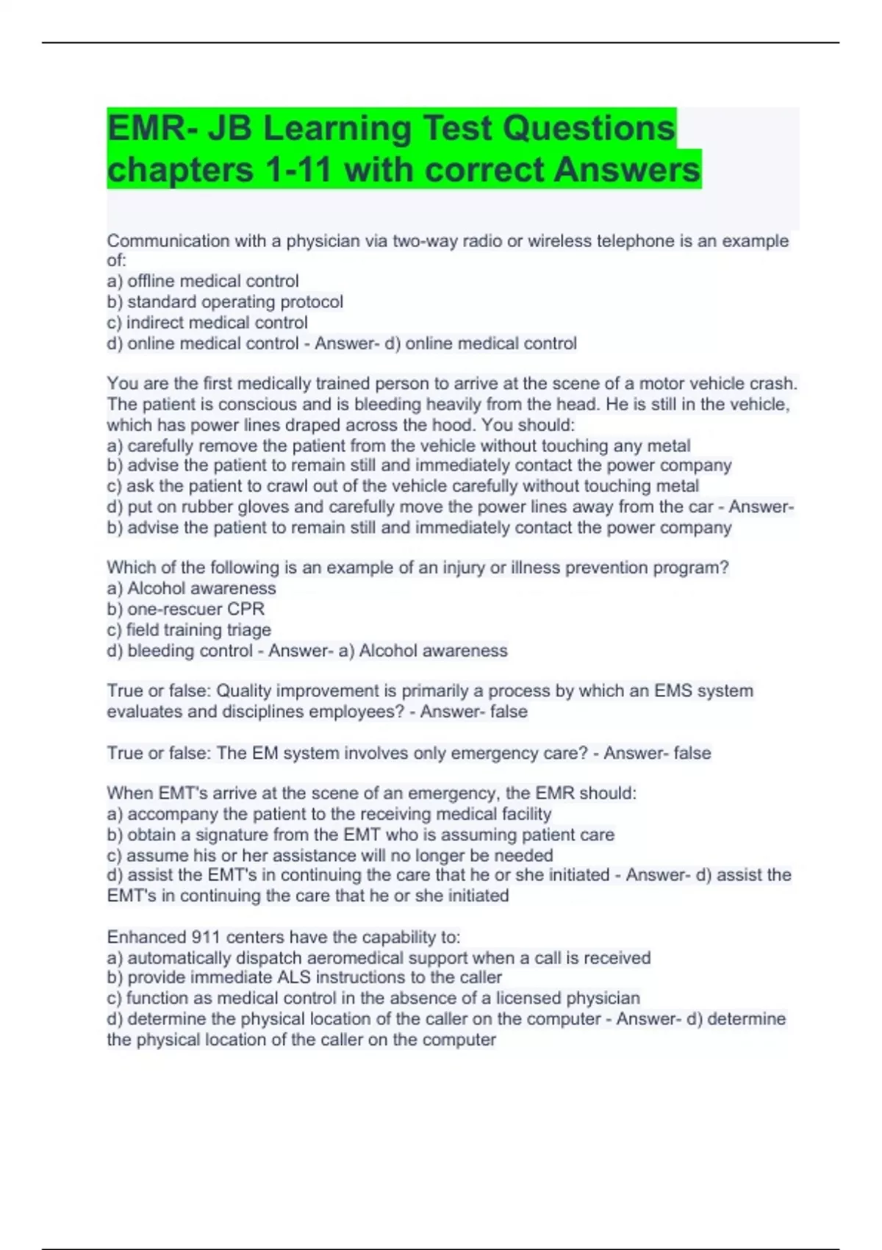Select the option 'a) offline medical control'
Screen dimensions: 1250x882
click(x=203, y=281)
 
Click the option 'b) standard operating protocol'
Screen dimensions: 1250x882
click(x=225, y=301)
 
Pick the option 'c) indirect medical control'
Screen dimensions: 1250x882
click(x=207, y=322)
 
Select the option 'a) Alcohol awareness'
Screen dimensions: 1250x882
click(x=191, y=588)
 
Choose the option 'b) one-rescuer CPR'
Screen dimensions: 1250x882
click(x=185, y=609)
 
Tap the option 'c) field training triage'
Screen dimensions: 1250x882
click(x=189, y=629)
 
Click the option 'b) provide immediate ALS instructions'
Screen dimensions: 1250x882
click(x=304, y=977)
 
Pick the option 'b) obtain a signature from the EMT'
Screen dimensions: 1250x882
click(x=360, y=835)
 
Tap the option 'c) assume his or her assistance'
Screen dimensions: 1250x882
click(x=330, y=855)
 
